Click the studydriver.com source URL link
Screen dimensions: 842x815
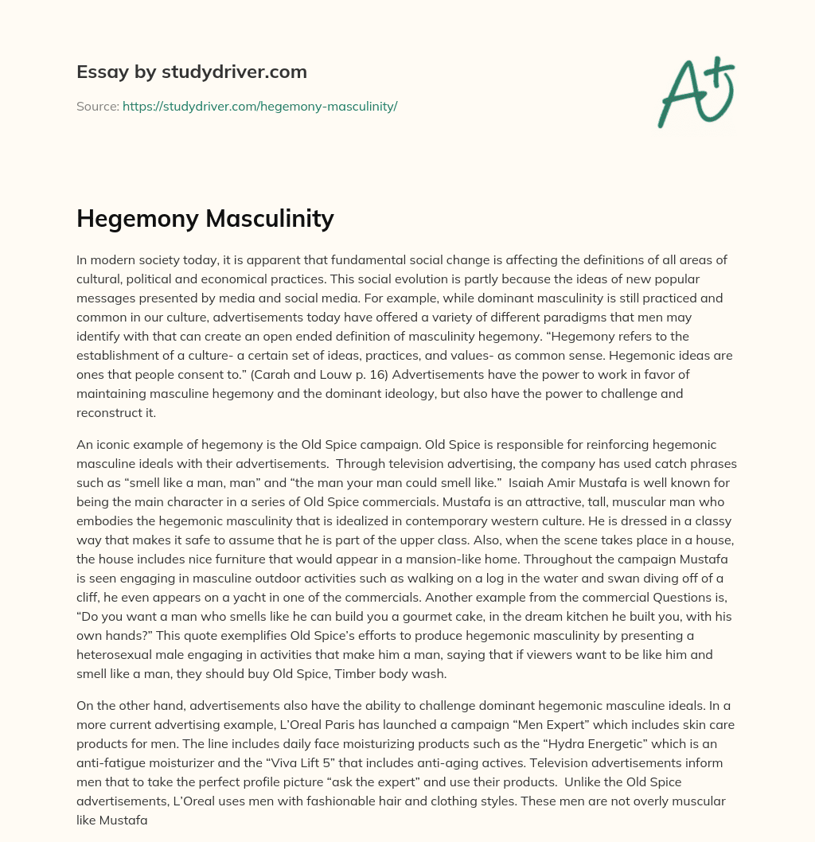(259, 106)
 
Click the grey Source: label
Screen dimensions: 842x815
(98, 106)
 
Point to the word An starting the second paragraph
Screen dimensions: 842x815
(84, 444)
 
